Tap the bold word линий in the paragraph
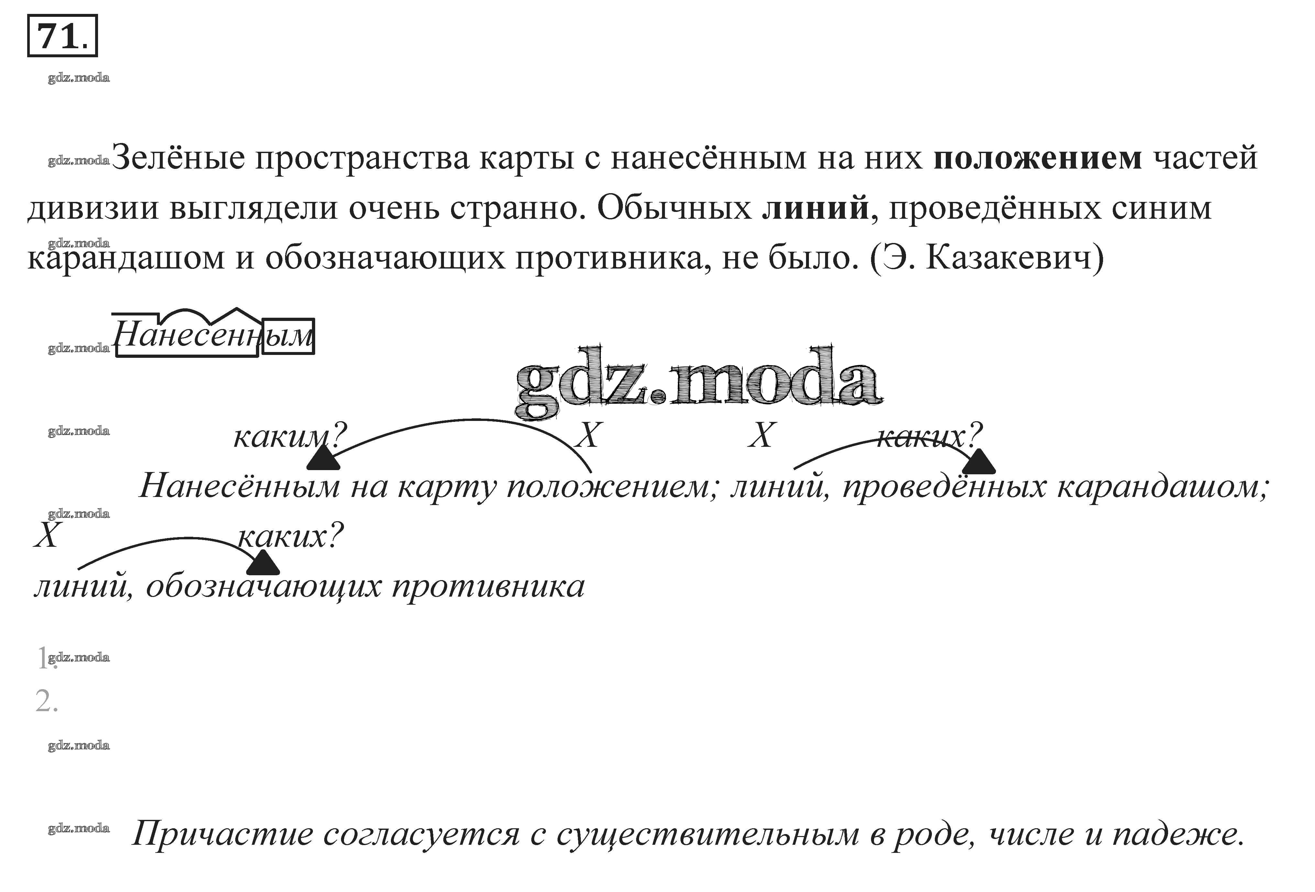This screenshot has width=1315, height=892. coord(815,208)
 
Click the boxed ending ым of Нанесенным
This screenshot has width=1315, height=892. coord(289,336)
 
